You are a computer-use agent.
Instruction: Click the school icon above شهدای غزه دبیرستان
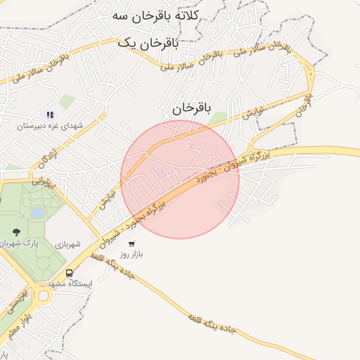[x=50, y=114]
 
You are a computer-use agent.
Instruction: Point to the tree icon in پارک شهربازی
[x=15, y=231]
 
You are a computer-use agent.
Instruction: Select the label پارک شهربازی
[x=28, y=243]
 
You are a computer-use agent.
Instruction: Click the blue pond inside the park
[x=37, y=212]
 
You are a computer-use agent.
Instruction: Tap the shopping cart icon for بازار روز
[x=131, y=243]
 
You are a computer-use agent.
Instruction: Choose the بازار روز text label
[x=131, y=254]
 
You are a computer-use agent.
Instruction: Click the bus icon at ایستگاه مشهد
[x=69, y=273]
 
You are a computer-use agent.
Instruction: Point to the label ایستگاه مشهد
[x=70, y=283]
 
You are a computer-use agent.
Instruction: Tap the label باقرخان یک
[x=148, y=43]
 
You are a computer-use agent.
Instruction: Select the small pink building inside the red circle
[x=160, y=172]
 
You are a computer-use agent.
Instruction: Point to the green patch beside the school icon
[x=67, y=102]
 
